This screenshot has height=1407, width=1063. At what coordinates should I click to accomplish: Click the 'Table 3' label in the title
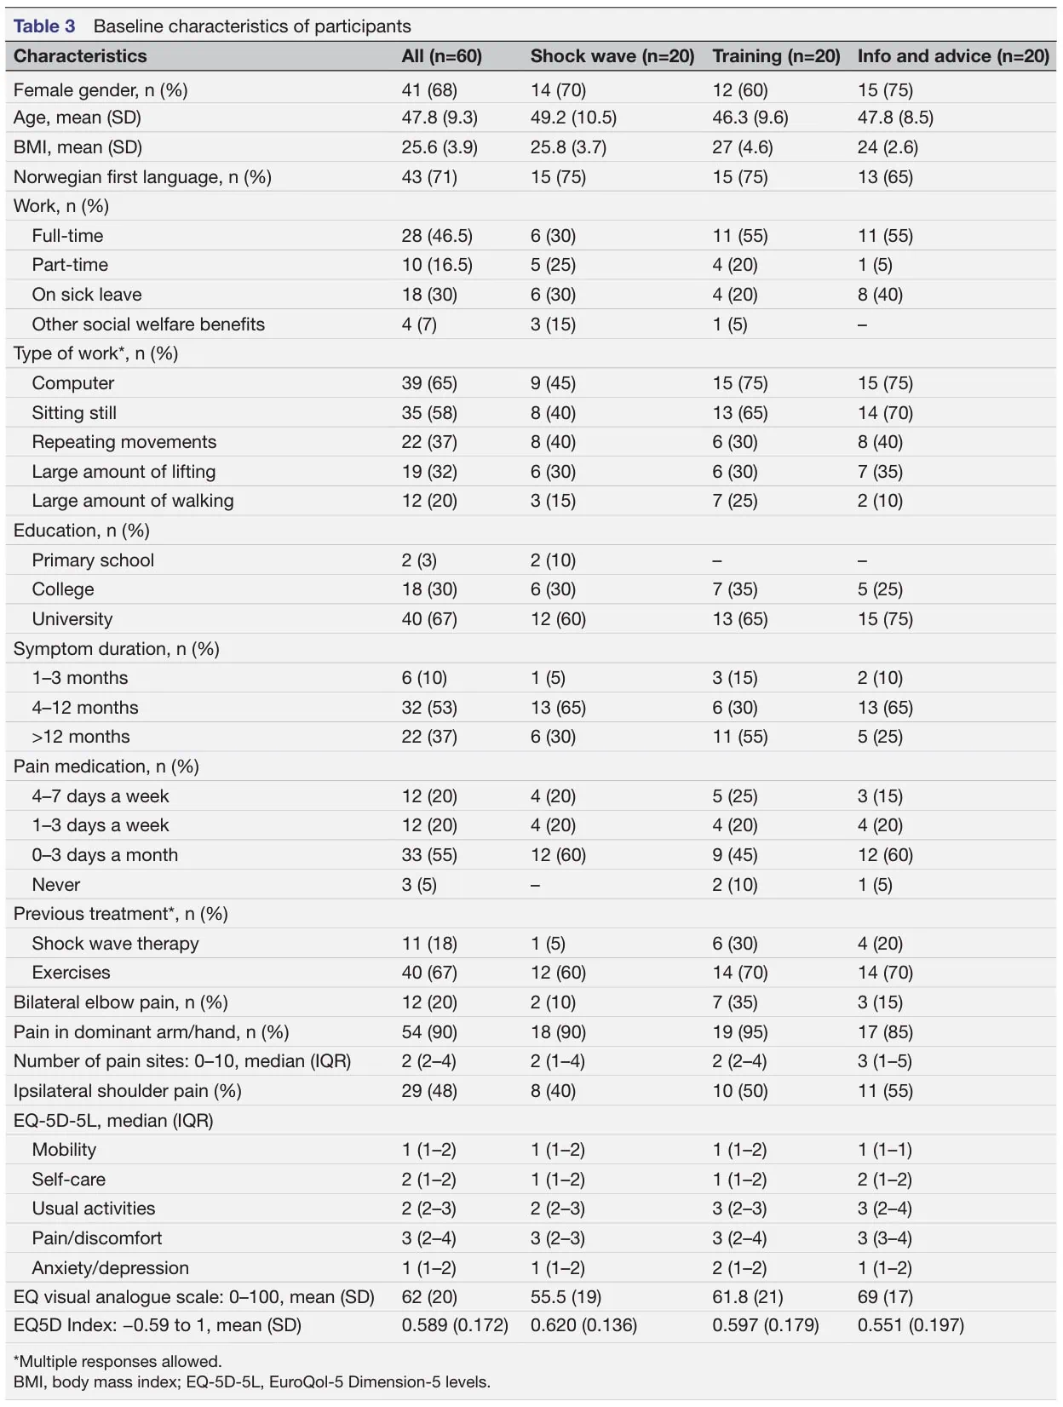pos(44,26)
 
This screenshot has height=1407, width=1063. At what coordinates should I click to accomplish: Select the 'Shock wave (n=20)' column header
pos(612,56)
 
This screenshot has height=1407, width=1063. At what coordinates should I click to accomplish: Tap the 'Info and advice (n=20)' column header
pos(953,56)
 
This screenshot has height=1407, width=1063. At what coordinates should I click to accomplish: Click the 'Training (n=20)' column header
pos(776,56)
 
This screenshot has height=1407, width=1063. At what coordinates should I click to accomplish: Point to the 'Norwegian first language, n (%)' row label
pos(142,177)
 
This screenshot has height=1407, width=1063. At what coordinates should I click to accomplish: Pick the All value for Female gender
pos(429,89)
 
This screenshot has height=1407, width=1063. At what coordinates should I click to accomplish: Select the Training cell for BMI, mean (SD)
pos(743,147)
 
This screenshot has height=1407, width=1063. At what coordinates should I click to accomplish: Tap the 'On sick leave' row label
pos(87,295)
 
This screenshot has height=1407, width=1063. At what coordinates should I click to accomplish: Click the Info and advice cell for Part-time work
pos(875,265)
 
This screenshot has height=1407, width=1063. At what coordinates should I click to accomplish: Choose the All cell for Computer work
pos(429,383)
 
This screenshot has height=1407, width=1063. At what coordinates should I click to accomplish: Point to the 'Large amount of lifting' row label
pos(124,472)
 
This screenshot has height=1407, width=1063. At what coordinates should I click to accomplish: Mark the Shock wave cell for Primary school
pos(553,560)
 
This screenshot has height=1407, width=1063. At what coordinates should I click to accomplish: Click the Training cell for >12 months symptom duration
pos(740,738)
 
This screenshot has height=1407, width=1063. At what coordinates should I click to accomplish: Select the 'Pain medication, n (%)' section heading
pos(106,767)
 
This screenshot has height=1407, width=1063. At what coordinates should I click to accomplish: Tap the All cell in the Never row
pos(419,885)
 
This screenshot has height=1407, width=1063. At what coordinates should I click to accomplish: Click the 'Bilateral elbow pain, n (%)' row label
pos(120,1002)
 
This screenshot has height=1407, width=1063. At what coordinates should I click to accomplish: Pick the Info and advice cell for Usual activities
pos(884,1209)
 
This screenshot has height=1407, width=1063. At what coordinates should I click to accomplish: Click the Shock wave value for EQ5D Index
pos(583,1325)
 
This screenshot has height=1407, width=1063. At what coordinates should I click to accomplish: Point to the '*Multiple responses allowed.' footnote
pos(118,1362)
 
